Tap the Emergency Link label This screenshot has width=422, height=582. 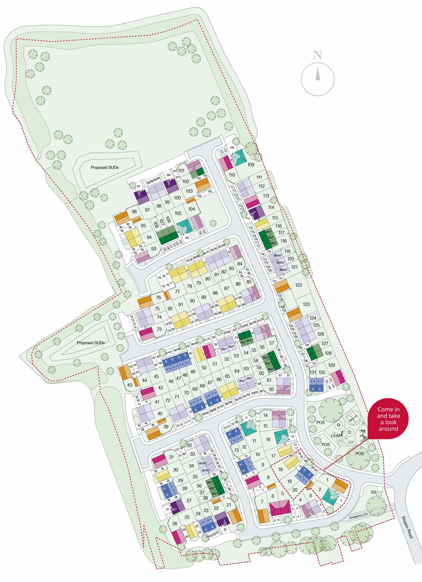click(x=358, y=516)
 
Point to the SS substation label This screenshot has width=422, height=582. click(x=373, y=492)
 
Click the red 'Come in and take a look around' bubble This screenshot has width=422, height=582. click(x=388, y=419)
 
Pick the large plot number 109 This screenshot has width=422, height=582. click(x=251, y=164)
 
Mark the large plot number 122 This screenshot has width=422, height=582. click(x=298, y=285)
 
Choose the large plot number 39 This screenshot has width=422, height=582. click(x=166, y=427)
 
